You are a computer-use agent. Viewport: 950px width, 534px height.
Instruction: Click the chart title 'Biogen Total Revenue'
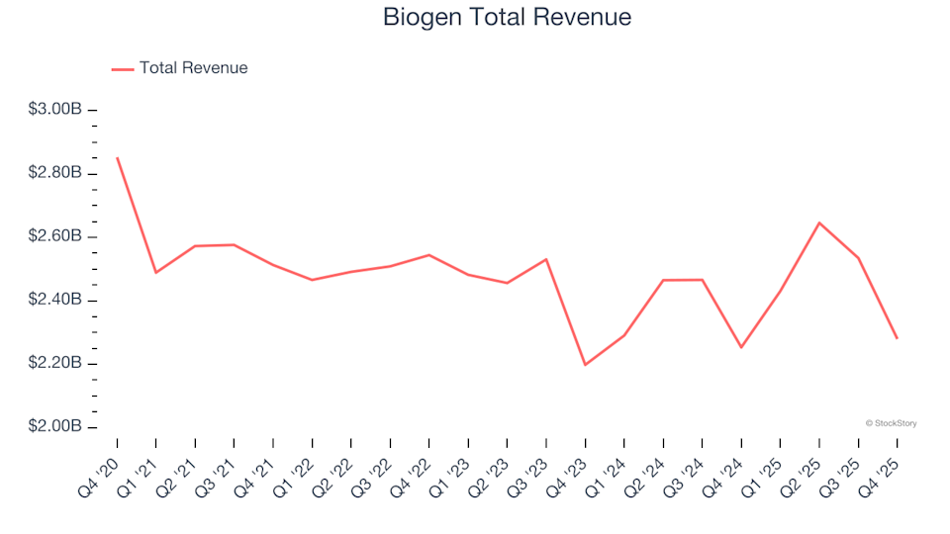(x=506, y=18)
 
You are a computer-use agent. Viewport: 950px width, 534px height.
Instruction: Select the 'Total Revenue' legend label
(x=193, y=68)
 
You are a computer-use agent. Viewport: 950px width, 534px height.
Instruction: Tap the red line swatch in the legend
(x=122, y=69)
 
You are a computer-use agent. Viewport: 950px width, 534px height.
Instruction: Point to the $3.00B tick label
(x=54, y=110)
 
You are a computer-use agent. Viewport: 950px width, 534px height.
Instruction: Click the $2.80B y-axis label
(x=54, y=173)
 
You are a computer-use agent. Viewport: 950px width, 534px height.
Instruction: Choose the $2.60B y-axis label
(x=54, y=236)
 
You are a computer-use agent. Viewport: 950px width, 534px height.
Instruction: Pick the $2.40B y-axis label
(x=54, y=301)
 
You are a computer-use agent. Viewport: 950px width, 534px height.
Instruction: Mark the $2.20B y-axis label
(x=54, y=364)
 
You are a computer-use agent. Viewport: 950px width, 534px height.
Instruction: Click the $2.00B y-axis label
(x=54, y=427)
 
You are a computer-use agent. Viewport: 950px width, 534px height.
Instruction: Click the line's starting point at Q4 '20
(x=117, y=157)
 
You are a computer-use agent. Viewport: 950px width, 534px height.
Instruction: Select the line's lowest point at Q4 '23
(x=585, y=365)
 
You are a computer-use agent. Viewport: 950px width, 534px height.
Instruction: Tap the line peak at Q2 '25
(x=819, y=222)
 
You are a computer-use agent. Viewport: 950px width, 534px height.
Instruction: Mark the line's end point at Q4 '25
(x=897, y=338)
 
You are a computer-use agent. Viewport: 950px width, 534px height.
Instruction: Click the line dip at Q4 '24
(x=741, y=347)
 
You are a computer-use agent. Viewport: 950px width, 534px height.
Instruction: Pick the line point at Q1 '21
(x=156, y=272)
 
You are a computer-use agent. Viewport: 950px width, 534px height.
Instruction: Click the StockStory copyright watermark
(x=891, y=423)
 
